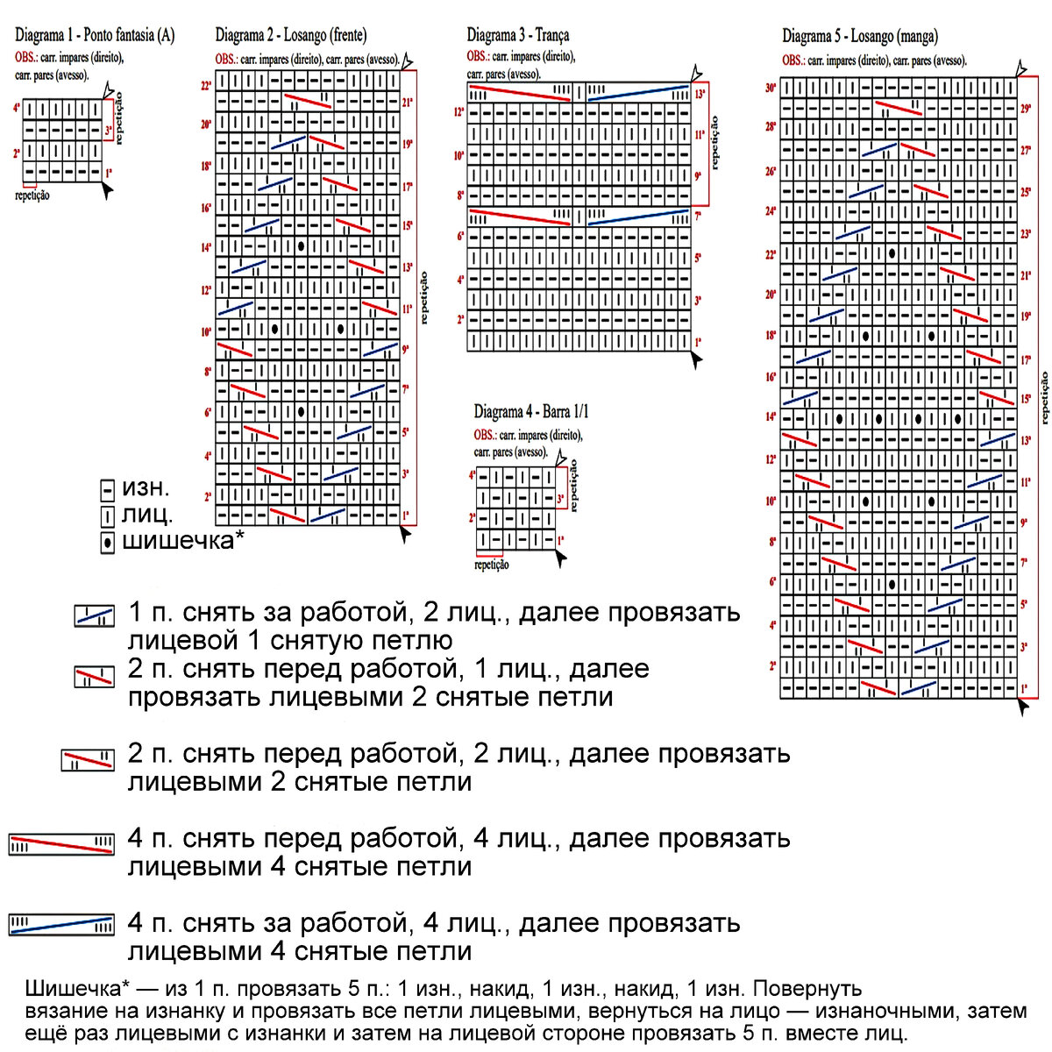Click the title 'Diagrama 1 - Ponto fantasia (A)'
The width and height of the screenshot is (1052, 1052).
tap(95, 36)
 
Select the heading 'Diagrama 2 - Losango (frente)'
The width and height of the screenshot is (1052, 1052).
tap(291, 36)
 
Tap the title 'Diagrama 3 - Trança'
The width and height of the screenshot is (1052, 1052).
tap(518, 36)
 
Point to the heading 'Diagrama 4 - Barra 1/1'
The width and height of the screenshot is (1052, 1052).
tap(531, 411)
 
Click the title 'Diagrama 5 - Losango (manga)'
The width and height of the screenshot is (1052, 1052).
tap(860, 36)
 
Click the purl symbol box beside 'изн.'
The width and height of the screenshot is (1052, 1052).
tap(108, 490)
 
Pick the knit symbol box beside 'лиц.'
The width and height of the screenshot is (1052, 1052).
tap(108, 516)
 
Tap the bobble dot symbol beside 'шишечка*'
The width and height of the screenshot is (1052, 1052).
tap(108, 543)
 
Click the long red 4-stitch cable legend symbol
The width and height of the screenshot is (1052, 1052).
tap(61, 844)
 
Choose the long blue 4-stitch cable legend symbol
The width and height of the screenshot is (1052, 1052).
tap(61, 925)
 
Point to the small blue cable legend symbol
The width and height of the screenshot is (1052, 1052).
tap(95, 615)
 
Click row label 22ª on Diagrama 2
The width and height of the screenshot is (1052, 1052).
tap(206, 86)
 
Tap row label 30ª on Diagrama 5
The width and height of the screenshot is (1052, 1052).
tap(771, 89)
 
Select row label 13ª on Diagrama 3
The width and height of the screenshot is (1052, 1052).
tap(700, 93)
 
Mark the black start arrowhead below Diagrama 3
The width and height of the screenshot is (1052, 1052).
tap(696, 359)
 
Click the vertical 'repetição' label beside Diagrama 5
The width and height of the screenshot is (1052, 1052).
tap(1043, 399)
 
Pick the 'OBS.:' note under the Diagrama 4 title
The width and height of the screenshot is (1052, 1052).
tap(486, 435)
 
